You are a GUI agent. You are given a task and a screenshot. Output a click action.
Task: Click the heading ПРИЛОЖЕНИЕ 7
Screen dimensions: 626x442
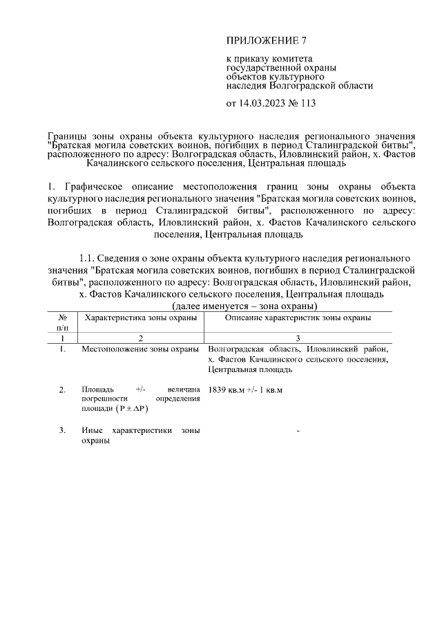click(266, 39)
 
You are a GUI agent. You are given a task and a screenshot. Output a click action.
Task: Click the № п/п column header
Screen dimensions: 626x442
click(62, 322)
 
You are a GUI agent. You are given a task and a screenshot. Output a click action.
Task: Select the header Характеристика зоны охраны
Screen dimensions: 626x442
click(140, 317)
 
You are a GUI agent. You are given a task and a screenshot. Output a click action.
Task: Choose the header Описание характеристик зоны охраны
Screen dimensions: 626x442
click(298, 317)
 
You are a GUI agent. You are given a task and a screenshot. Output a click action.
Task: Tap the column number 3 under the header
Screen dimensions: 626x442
click(298, 338)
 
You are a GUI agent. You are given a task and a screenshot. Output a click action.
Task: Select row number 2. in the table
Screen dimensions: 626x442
click(62, 390)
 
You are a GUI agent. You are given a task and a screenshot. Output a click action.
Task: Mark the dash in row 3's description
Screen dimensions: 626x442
click(298, 431)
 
